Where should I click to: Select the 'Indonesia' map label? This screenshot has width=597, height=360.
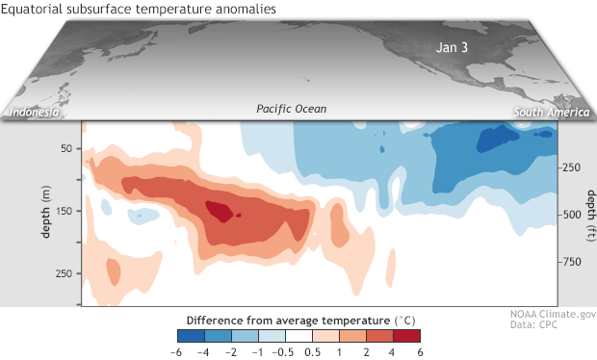pyautogui.click(x=35, y=113)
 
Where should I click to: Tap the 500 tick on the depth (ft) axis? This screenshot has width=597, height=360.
pyautogui.click(x=572, y=215)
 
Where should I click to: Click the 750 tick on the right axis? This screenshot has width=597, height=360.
pyautogui.click(x=572, y=262)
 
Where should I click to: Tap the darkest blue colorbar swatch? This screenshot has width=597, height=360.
pyautogui.click(x=191, y=336)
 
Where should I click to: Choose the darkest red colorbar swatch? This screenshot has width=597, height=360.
pyautogui.click(x=407, y=336)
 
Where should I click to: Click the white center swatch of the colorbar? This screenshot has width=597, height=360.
pyautogui.click(x=298, y=336)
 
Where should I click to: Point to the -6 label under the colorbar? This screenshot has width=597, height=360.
pyautogui.click(x=178, y=351)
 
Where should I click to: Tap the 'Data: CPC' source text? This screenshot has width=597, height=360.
pyautogui.click(x=532, y=326)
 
